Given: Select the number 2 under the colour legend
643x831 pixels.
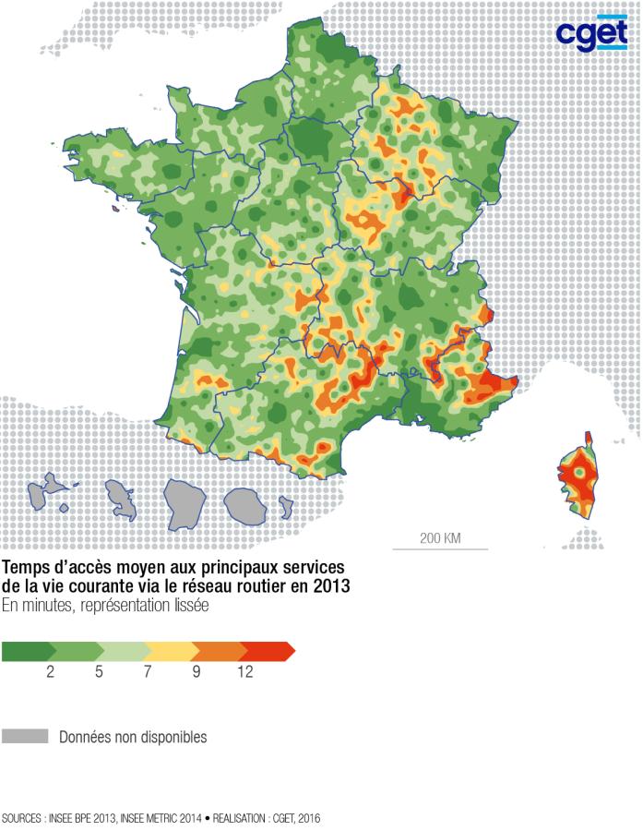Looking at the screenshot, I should tap(50, 673).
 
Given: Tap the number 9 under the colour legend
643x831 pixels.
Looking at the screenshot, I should tap(196, 673).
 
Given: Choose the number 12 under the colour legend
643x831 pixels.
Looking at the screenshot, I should tap(244, 673).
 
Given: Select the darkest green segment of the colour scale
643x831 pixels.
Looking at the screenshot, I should tap(25, 652).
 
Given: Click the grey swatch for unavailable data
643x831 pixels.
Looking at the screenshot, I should tap(25, 737).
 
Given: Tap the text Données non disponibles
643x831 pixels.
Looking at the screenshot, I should tap(133, 738).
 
